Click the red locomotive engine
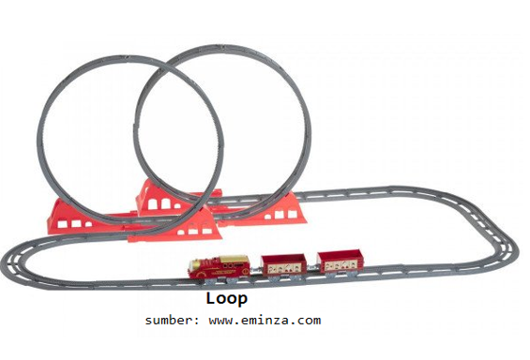[220, 268]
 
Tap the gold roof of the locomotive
[234, 260]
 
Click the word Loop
[227, 299]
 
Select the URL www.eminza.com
[265, 320]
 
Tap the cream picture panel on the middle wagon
[284, 268]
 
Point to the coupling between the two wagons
[311, 267]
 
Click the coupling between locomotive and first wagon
[255, 270]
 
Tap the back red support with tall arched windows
[161, 200]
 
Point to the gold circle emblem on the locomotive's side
[246, 271]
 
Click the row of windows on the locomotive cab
[230, 265]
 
